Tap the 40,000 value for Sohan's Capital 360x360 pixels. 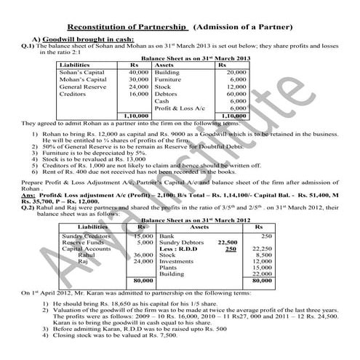(138, 73)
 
